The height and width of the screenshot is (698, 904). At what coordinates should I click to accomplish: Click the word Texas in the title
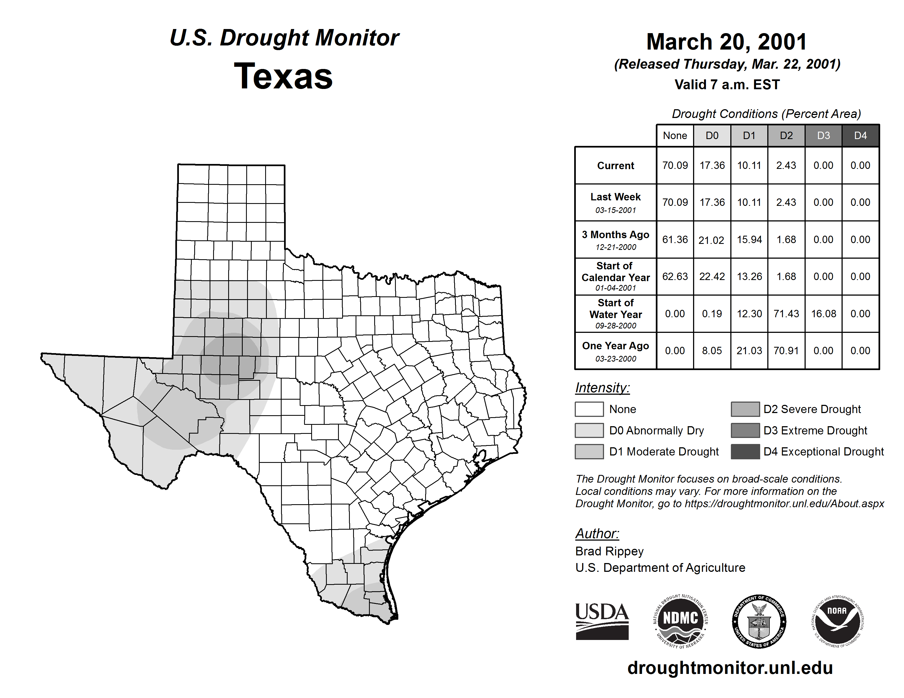tap(283, 76)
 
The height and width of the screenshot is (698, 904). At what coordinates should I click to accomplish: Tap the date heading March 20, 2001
tap(726, 42)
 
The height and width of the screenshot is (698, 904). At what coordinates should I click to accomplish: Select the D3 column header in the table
tap(823, 135)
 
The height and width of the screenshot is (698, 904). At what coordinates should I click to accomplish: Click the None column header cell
tap(675, 135)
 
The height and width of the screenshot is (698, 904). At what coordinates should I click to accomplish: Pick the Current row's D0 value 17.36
tap(712, 165)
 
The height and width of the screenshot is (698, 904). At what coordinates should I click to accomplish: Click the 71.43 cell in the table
tap(786, 314)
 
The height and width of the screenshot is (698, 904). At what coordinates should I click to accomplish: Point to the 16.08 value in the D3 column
tap(823, 314)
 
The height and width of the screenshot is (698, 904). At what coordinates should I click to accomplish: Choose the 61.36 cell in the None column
tap(675, 240)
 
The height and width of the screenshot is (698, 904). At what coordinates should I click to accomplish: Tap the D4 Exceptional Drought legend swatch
tap(745, 452)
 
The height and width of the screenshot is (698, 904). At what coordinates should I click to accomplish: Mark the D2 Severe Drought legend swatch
tap(745, 409)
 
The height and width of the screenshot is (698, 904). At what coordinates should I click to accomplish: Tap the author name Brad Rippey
tap(609, 551)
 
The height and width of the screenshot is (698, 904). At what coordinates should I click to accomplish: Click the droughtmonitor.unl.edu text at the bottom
tap(730, 668)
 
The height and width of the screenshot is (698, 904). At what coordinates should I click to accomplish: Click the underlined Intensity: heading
tap(602, 388)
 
